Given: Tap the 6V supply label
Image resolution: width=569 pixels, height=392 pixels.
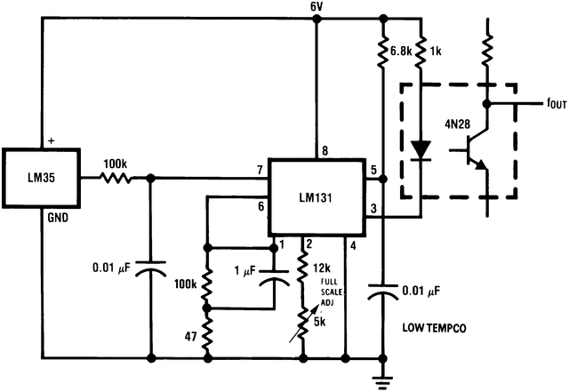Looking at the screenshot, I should pyautogui.click(x=316, y=7).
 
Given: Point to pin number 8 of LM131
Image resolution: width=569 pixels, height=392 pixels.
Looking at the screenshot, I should pyautogui.click(x=325, y=151).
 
